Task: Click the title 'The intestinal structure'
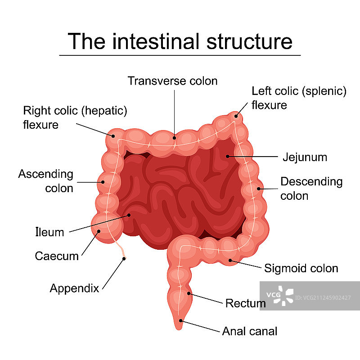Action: [180, 41]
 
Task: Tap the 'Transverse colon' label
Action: [172, 81]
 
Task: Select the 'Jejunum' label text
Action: [305, 157]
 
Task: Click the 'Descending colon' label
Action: [311, 189]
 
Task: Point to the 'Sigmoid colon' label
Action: [301, 269]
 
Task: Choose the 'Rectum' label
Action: [245, 303]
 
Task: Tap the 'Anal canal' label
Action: [250, 332]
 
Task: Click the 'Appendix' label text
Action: [74, 288]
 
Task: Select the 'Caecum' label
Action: [57, 256]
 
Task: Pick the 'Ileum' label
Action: [49, 232]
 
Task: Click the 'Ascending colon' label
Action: [45, 181]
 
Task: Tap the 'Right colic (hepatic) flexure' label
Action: [75, 117]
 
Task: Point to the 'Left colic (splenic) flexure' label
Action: [299, 98]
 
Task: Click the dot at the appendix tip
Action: [124, 259]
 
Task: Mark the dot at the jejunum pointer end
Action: [228, 157]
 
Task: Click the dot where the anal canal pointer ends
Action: [181, 321]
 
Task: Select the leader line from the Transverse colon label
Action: [174, 112]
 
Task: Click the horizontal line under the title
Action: [180, 55]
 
